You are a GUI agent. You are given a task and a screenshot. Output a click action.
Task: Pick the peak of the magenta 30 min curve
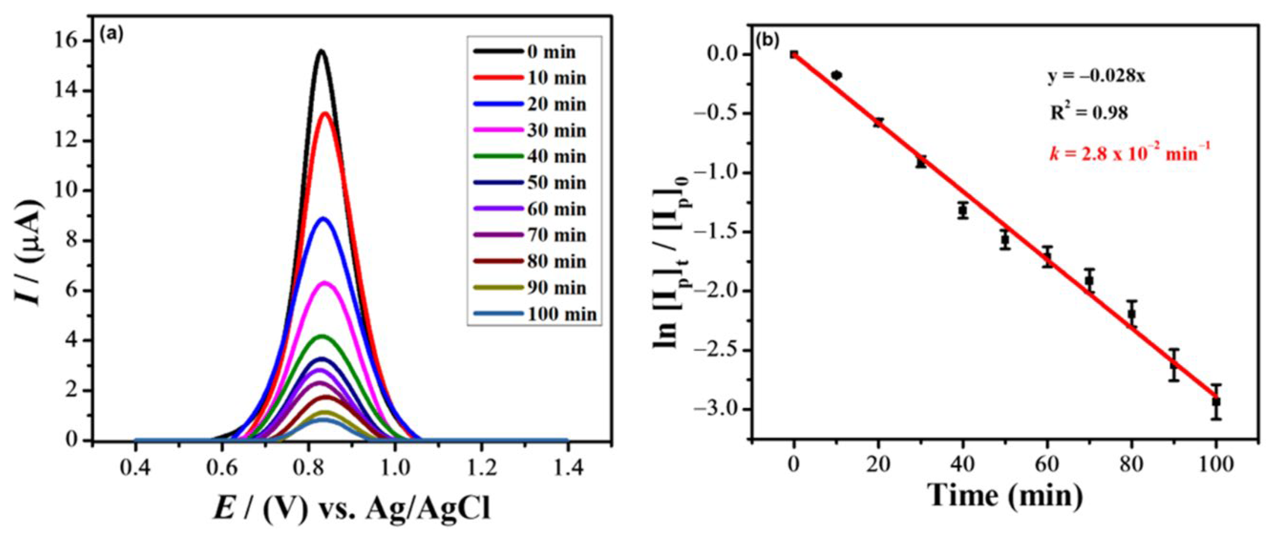pyautogui.click(x=325, y=282)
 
